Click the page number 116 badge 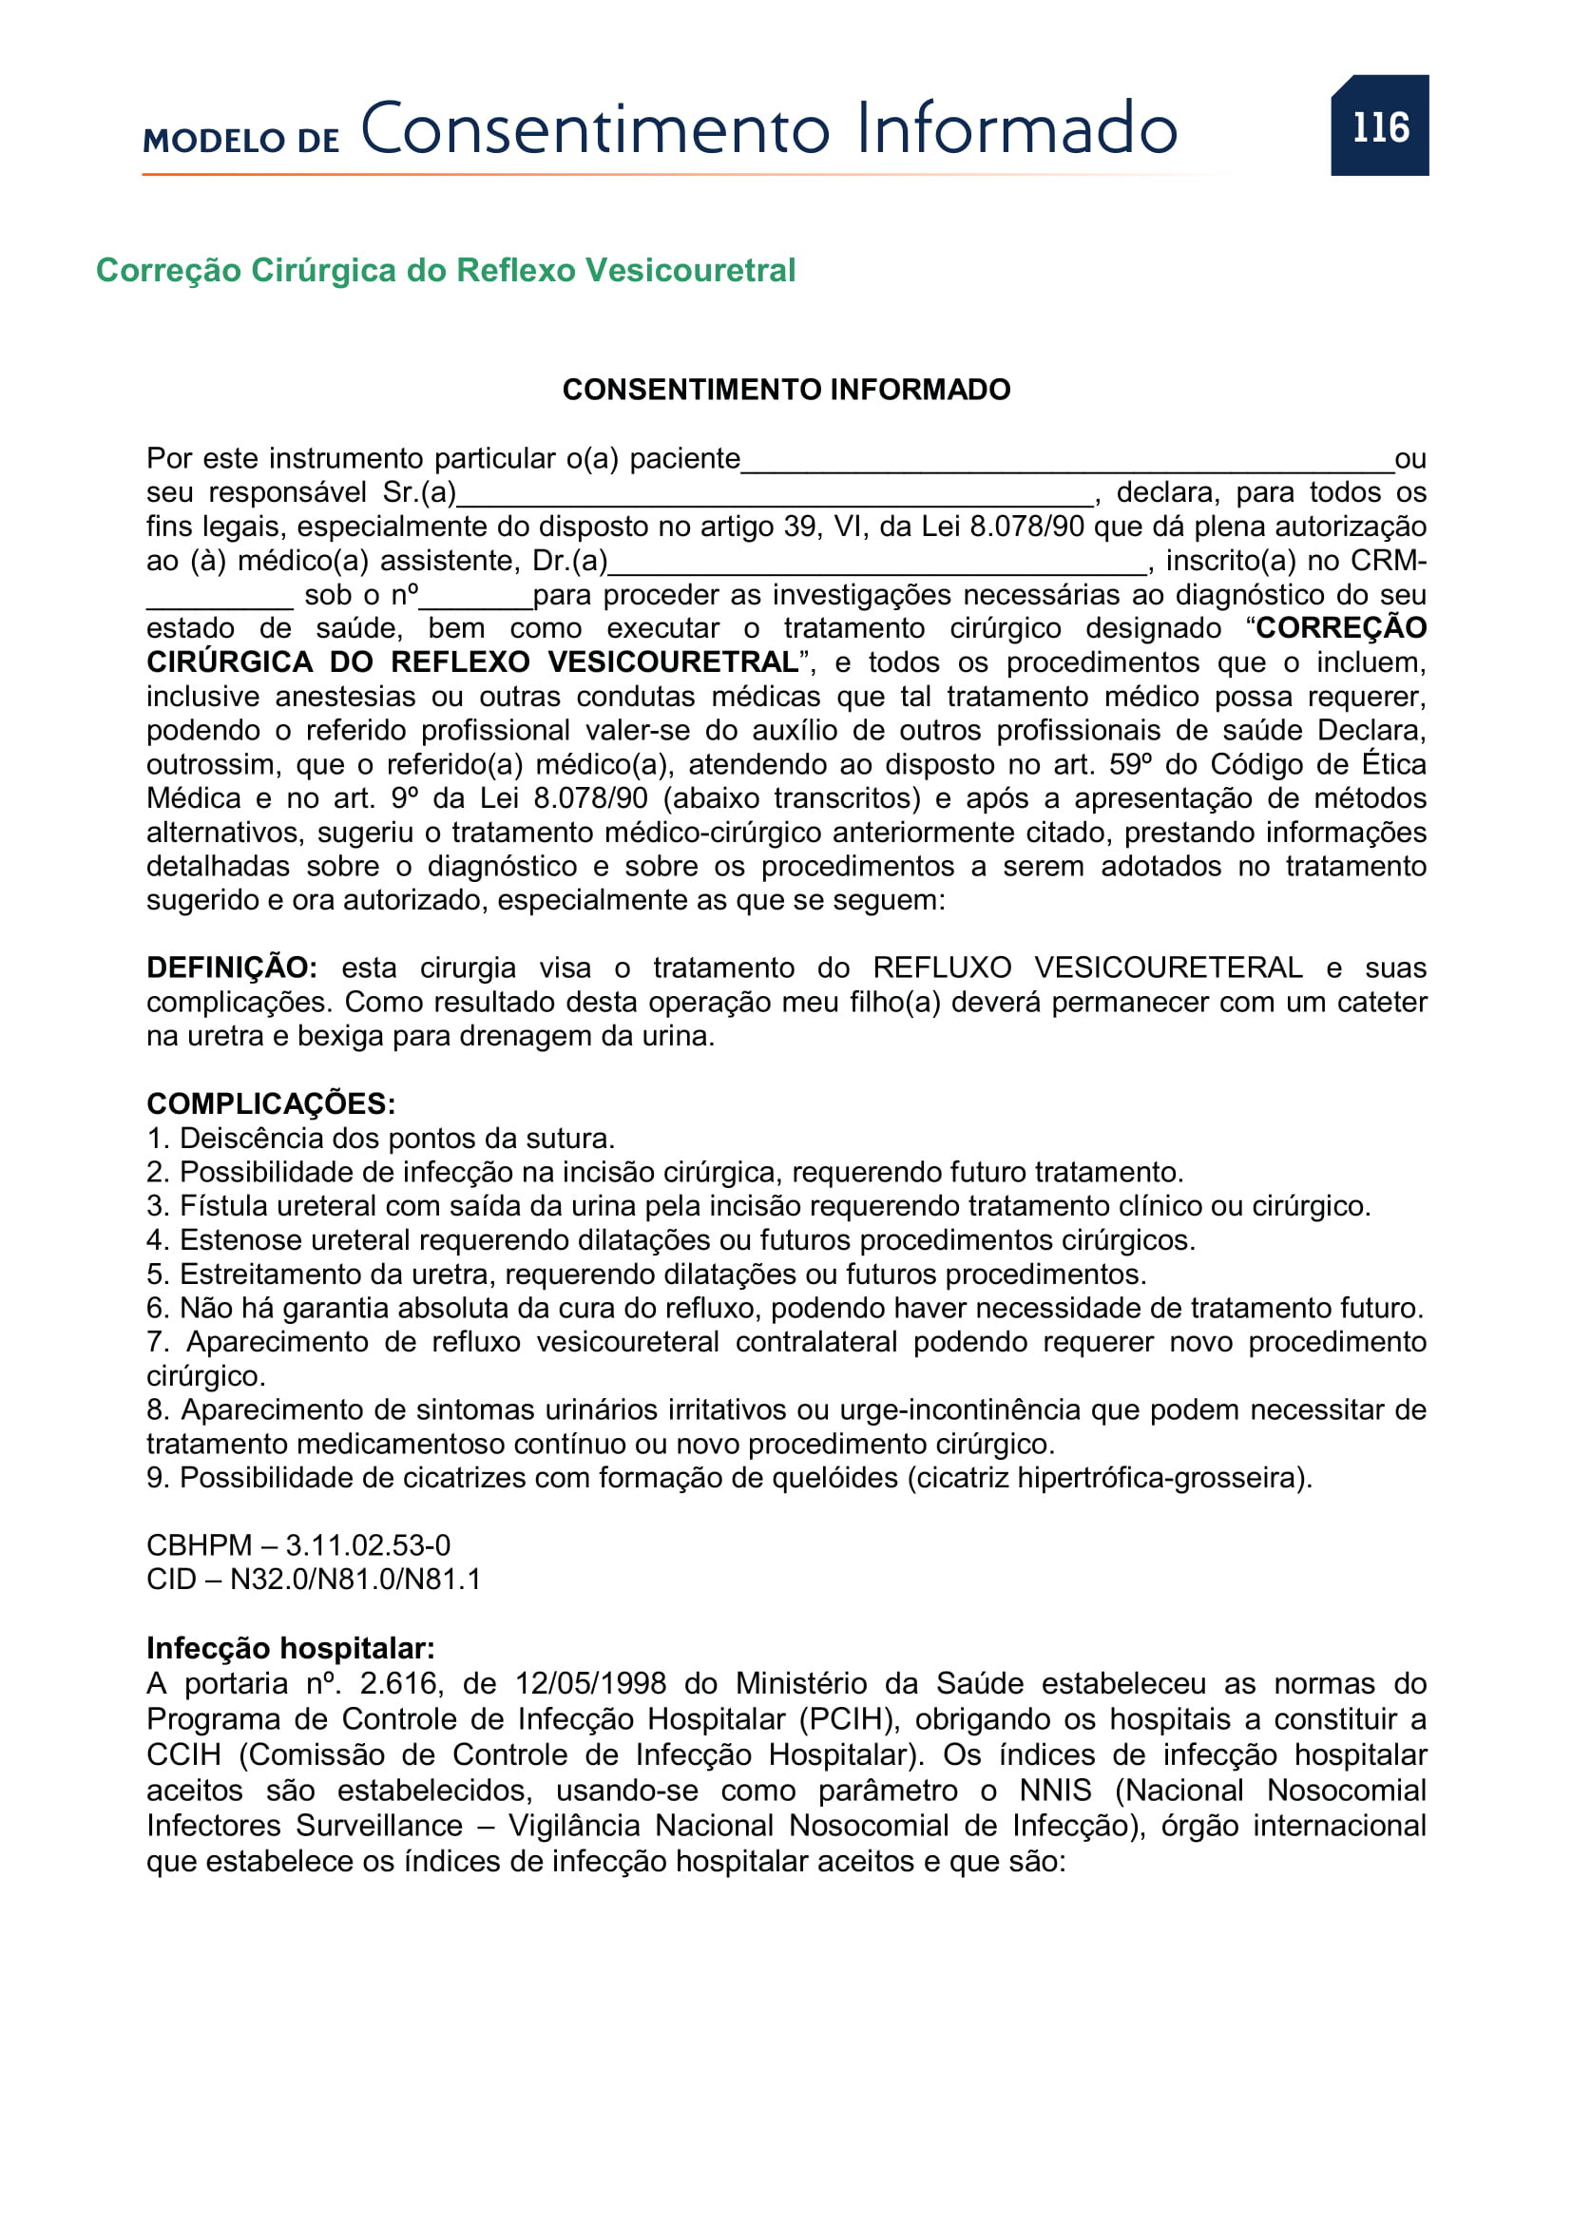(1378, 125)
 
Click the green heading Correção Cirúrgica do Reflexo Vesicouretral (445, 270)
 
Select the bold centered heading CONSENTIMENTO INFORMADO (786, 390)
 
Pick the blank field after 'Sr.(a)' (775, 497)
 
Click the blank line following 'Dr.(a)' (877, 565)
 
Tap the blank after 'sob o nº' (475, 599)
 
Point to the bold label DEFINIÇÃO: (231, 968)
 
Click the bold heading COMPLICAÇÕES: (271, 1103)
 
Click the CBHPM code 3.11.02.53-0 (368, 1545)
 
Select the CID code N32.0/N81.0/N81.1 (355, 1580)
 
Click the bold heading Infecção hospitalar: (291, 1648)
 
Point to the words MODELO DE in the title (241, 141)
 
